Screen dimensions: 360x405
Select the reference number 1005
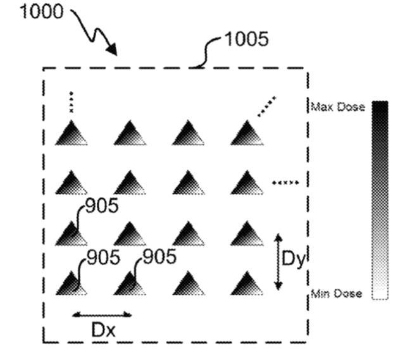click(249, 39)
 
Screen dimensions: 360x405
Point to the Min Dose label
click(337, 294)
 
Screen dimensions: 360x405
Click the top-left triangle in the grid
click(72, 134)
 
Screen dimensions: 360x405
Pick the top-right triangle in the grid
click(246, 134)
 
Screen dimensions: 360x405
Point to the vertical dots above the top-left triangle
click(72, 102)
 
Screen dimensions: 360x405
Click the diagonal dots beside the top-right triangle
click(266, 106)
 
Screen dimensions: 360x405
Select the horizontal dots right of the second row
click(285, 183)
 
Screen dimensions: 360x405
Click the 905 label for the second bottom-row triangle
click(158, 258)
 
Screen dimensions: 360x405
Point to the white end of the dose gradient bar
click(379, 296)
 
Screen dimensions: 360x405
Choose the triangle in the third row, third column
click(188, 233)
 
